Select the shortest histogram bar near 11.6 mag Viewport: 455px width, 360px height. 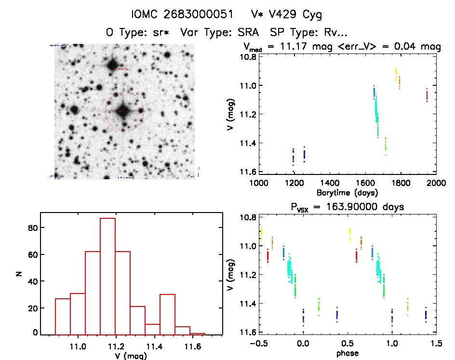tap(198, 333)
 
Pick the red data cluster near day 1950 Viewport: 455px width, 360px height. tap(427, 95)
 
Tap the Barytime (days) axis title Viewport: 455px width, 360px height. tap(347, 192)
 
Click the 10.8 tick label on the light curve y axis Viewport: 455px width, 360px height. tap(245, 57)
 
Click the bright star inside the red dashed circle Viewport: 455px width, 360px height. tap(124, 111)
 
